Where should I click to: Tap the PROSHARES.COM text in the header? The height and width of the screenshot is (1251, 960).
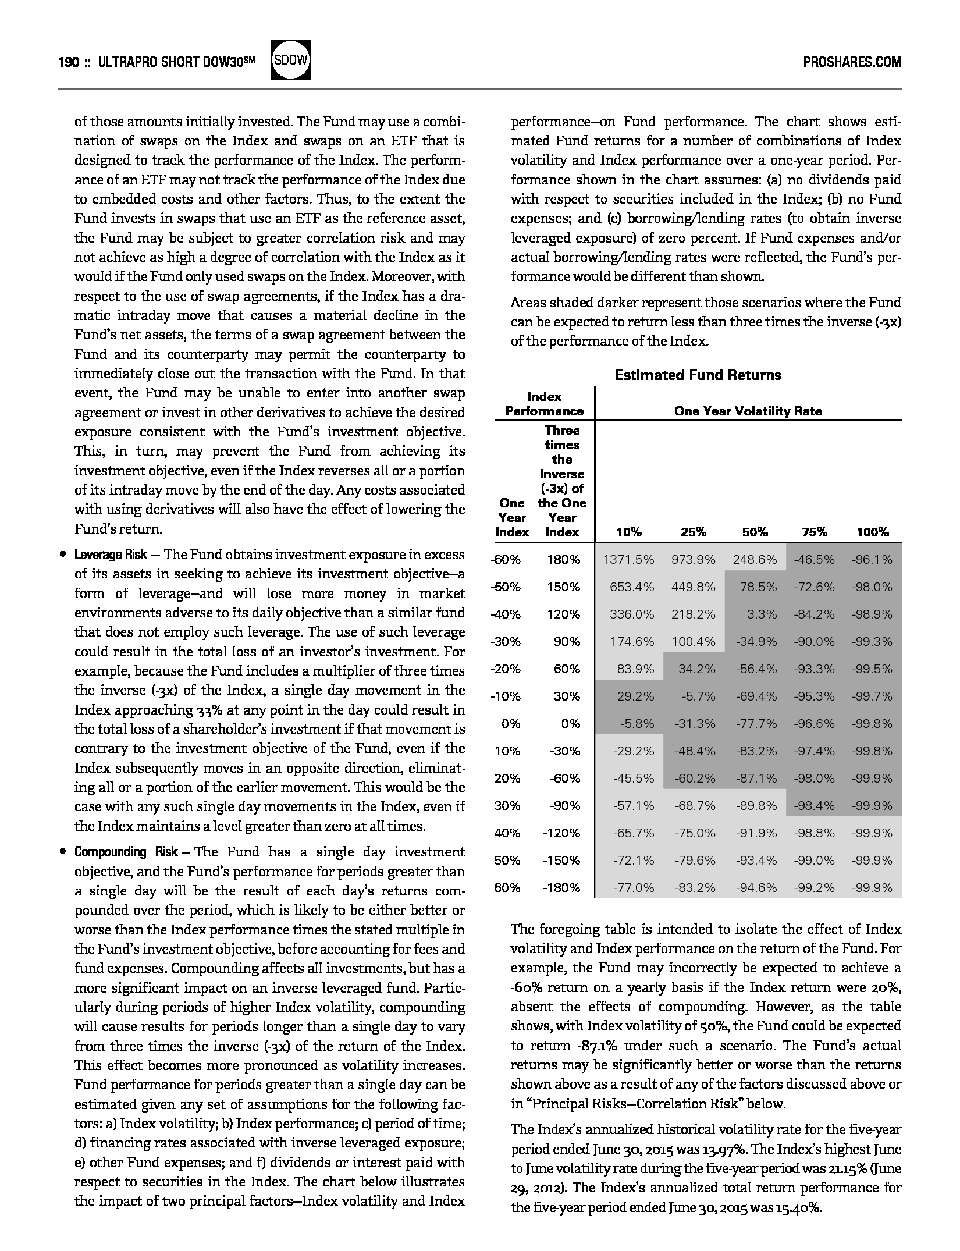(x=852, y=62)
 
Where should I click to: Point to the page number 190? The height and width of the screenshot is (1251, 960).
(x=68, y=62)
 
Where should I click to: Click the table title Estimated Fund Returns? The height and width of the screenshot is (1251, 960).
(x=698, y=375)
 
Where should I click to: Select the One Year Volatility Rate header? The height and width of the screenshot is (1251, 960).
(x=748, y=411)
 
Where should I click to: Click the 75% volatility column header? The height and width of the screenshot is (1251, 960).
(x=814, y=532)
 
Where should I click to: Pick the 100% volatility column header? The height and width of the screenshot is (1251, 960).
(x=872, y=532)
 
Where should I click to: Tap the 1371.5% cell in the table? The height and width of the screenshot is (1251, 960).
(x=628, y=560)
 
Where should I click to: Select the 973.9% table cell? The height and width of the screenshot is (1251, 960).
(x=693, y=560)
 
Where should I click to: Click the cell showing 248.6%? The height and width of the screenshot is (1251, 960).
(x=755, y=560)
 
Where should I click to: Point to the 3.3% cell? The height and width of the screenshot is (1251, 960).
(x=762, y=614)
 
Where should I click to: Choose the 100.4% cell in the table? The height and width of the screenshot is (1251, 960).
(x=693, y=642)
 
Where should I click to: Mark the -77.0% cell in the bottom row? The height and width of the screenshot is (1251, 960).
(x=634, y=888)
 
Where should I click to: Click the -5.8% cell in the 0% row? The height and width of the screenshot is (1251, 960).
(x=636, y=724)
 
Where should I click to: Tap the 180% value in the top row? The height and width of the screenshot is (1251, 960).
(x=563, y=560)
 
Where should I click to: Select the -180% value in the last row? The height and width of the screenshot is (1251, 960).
(x=561, y=888)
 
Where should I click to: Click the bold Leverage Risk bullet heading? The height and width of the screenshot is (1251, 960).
(x=111, y=555)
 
